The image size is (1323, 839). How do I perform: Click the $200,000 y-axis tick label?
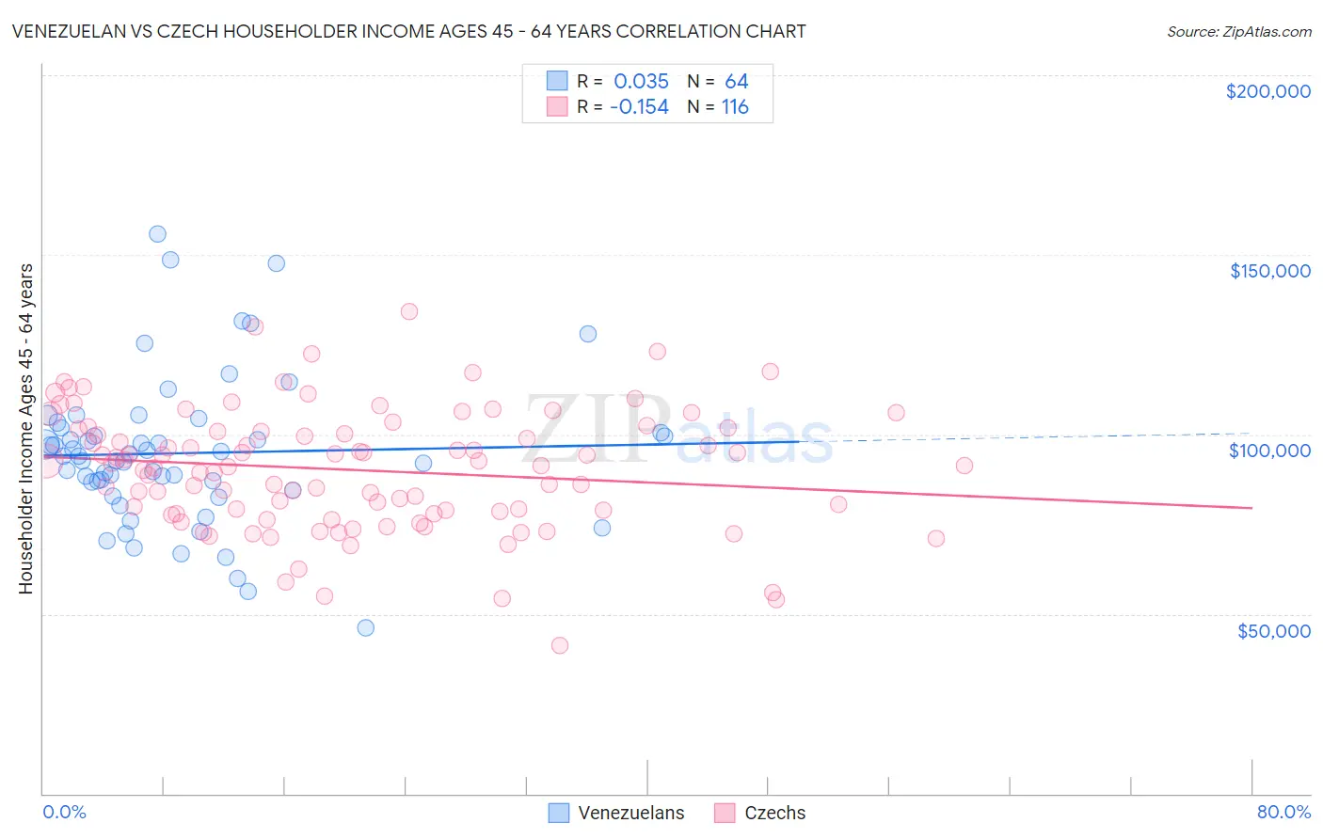click(x=1267, y=91)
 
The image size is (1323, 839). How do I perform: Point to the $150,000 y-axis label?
click(x=1269, y=271)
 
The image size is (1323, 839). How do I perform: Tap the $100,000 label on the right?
click(x=1269, y=451)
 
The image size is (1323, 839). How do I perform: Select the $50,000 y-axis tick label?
click(x=1273, y=631)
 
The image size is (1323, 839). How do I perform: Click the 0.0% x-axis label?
click(x=64, y=812)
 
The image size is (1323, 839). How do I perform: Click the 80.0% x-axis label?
click(x=1283, y=812)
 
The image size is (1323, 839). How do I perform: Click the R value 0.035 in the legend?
click(x=641, y=81)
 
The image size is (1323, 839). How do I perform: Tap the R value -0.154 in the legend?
click(x=639, y=107)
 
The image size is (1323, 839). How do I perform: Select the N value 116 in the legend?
click(x=735, y=107)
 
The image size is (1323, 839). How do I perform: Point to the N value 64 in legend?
click(x=736, y=81)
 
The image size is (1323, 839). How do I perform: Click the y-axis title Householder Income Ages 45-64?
click(x=26, y=428)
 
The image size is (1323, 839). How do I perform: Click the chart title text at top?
click(x=408, y=31)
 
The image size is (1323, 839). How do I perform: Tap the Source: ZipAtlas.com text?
click(x=1238, y=31)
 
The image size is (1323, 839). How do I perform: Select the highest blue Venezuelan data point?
click(x=157, y=234)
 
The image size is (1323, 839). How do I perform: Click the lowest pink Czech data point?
click(x=560, y=645)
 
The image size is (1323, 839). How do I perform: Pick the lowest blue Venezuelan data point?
click(x=366, y=627)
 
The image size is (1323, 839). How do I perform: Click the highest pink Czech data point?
click(x=409, y=311)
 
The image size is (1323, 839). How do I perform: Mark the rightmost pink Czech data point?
click(x=964, y=466)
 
